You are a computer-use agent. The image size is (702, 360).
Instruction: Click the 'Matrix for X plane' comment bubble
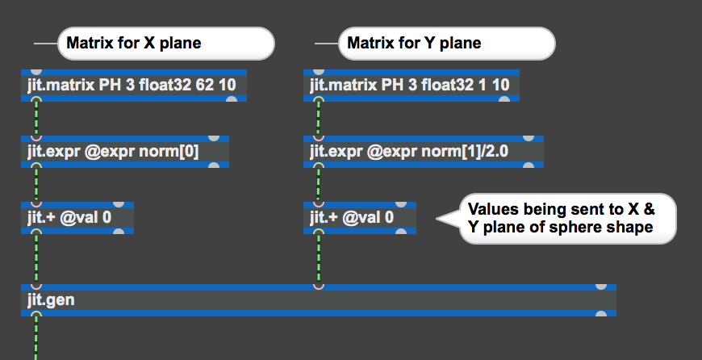165,44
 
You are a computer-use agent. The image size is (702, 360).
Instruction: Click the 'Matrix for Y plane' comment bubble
446,44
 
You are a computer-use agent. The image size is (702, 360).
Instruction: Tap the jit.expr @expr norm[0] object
125,152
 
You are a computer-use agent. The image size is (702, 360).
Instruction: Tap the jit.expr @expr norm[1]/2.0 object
423,152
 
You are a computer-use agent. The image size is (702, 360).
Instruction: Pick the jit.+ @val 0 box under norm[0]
77,218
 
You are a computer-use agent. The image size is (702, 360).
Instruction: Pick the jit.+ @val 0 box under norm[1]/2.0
359,218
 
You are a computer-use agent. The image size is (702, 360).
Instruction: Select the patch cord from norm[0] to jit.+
36,185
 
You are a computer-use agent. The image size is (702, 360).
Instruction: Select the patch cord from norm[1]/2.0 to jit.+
318,185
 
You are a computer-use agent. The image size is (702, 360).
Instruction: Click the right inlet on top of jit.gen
600,286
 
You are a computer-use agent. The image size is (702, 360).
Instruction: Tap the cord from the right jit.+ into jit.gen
318,258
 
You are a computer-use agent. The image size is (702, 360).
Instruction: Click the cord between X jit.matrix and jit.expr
36,119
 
